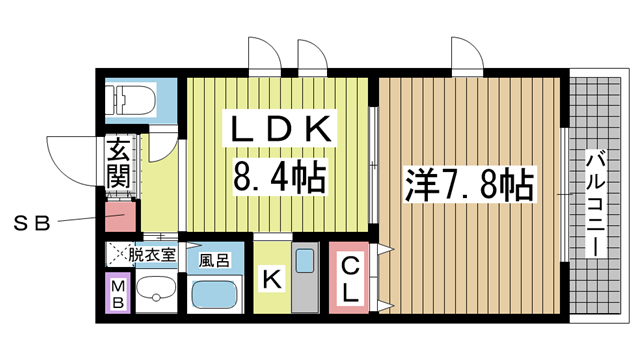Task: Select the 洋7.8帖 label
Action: (x=469, y=185)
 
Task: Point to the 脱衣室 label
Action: (x=150, y=255)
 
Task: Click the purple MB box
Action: (x=118, y=296)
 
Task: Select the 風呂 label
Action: (x=212, y=259)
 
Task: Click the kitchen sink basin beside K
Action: (x=307, y=264)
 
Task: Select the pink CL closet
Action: (x=350, y=280)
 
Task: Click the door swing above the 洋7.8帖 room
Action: (x=466, y=53)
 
